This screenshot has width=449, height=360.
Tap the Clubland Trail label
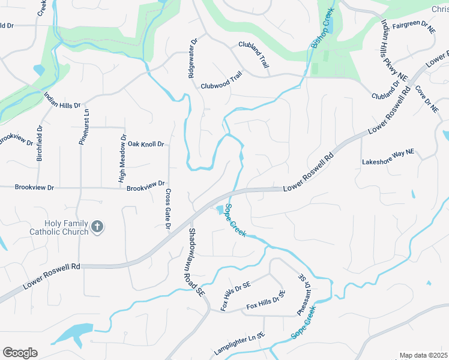tap(254, 53)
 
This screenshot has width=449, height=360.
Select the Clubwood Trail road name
tap(221, 85)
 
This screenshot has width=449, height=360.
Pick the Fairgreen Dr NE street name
tap(414, 27)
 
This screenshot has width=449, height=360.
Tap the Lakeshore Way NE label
tap(388, 161)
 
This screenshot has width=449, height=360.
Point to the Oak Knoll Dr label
tap(146, 144)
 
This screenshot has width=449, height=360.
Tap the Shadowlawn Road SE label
tap(196, 261)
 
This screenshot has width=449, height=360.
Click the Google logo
tap(20, 353)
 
